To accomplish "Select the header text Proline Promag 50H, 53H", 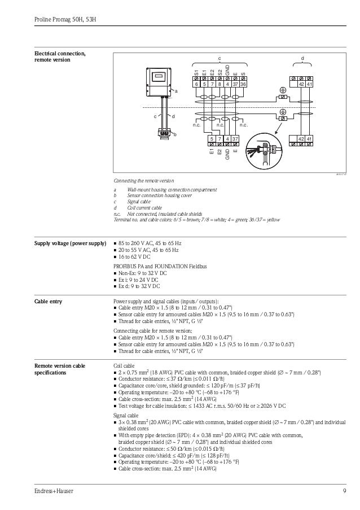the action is click(x=62, y=20).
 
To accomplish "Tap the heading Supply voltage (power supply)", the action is click(x=71, y=243).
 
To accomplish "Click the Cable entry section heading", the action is click(x=49, y=302).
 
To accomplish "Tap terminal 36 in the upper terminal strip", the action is click(x=243, y=84).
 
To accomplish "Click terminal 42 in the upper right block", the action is click(x=302, y=84).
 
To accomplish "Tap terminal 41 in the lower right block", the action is click(x=310, y=139).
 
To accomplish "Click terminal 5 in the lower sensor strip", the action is click(x=212, y=139).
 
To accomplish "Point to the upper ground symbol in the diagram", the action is click(x=283, y=90).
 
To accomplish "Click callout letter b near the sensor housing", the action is click(x=175, y=134).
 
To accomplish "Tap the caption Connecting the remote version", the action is click(x=144, y=180).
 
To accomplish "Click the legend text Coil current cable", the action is click(x=145, y=208).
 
